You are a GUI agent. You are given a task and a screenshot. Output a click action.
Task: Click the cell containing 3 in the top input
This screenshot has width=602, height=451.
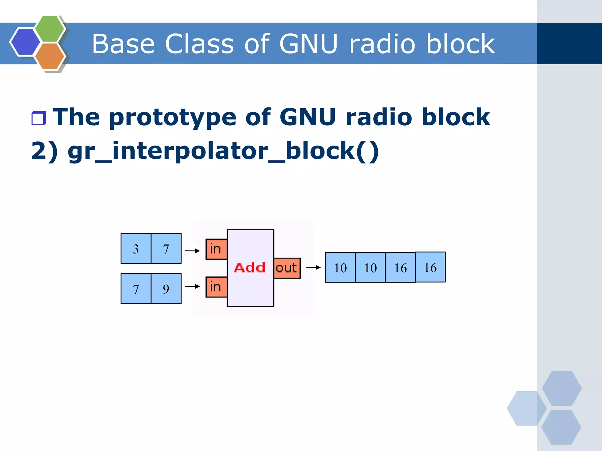click(x=136, y=249)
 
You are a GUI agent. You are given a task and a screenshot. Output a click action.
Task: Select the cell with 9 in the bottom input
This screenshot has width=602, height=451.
click(x=166, y=289)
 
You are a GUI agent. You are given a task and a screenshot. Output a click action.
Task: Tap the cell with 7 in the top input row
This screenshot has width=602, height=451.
click(x=166, y=249)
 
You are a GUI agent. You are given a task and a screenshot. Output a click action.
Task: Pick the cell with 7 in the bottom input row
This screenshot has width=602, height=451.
click(x=136, y=289)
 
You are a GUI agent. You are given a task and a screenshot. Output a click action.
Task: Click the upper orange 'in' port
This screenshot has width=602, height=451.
click(x=216, y=249)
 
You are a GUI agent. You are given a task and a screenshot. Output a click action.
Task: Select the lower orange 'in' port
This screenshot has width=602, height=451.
click(x=216, y=287)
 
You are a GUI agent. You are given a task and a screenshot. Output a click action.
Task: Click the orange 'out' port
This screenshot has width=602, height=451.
click(x=287, y=268)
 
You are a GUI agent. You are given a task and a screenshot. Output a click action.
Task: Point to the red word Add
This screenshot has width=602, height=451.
click(x=250, y=268)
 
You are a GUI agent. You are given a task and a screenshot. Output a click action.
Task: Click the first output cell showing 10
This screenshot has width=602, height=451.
click(x=340, y=268)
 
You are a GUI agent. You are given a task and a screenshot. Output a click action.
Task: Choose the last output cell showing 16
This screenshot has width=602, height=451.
click(x=430, y=267)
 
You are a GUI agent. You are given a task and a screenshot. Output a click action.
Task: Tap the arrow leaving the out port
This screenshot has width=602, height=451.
click(x=313, y=267)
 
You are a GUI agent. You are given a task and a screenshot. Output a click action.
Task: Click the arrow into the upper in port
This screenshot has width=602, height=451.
click(x=192, y=251)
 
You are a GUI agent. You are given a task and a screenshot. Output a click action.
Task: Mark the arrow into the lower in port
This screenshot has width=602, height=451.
click(x=192, y=286)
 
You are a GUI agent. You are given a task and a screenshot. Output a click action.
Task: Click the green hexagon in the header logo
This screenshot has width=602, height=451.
click(x=49, y=29)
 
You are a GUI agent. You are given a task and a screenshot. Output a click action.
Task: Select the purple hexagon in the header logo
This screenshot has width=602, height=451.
click(x=25, y=42)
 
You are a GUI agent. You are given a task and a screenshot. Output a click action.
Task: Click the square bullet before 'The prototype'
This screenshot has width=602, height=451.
click(x=39, y=118)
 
